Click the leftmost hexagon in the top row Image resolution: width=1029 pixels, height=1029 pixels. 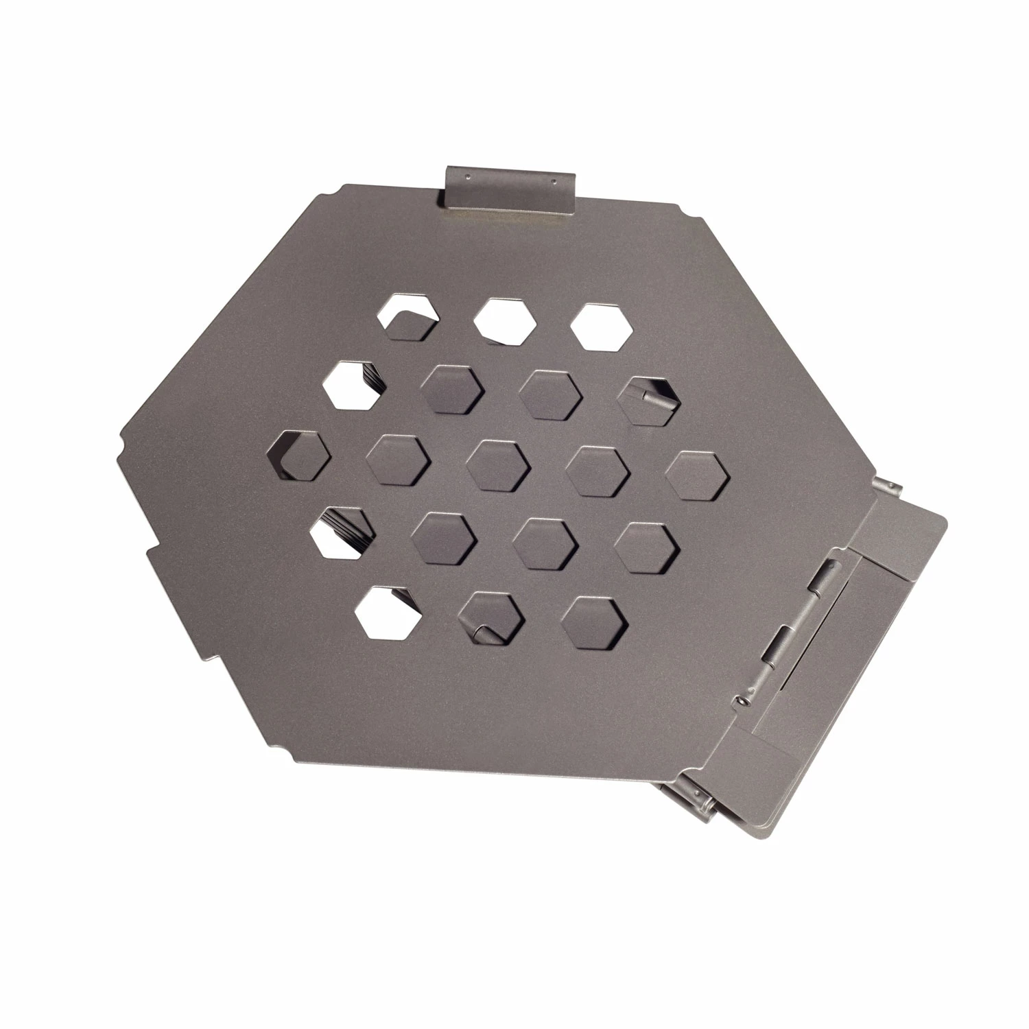click(408, 317)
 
